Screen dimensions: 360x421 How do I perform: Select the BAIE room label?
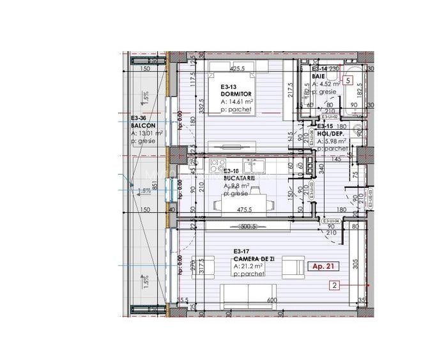click(318, 76)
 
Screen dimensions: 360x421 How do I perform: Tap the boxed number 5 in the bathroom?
click(347, 81)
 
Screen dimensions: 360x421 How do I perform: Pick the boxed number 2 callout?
click(334, 286)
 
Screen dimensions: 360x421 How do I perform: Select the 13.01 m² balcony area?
click(148, 133)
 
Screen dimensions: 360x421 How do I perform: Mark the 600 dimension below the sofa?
click(272, 301)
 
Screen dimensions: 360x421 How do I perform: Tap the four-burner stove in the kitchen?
click(218, 163)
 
